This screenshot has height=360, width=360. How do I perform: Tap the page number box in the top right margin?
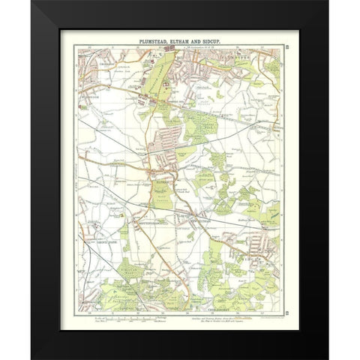(x=287, y=49)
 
